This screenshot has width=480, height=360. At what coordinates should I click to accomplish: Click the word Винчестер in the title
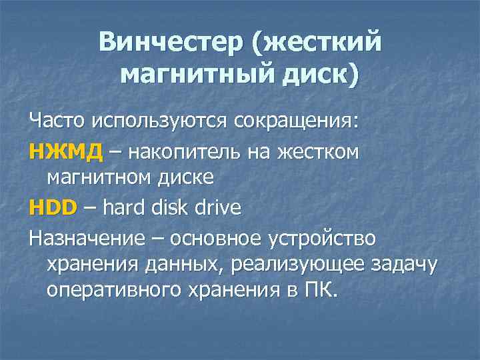[x=171, y=42]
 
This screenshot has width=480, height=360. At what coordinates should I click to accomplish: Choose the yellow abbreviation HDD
[x=53, y=207]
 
